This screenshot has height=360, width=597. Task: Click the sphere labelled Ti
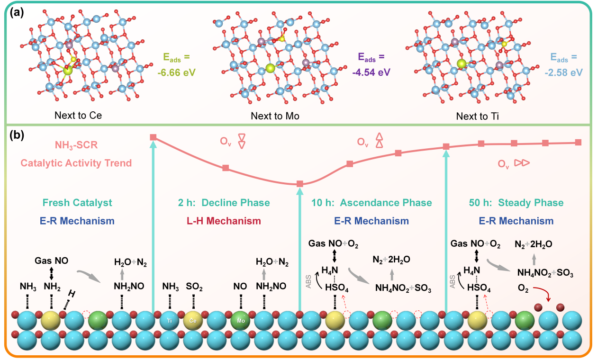point(169,320)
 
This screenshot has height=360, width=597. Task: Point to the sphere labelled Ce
point(193,320)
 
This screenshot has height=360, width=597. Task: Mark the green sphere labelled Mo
point(240,320)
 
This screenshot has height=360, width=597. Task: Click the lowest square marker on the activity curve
point(299,184)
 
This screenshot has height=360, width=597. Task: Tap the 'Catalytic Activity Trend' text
point(76,163)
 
